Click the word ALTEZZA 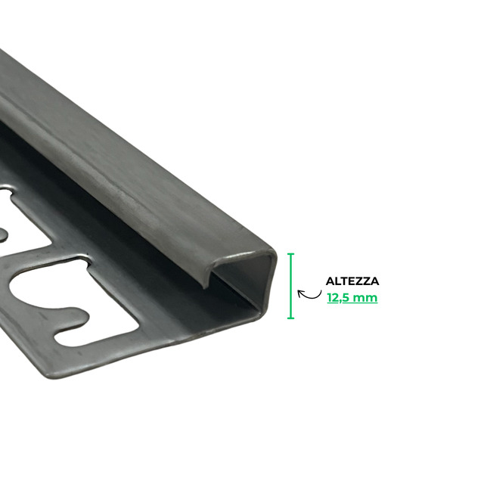pyautogui.click(x=352, y=281)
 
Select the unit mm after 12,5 pyautogui.click(x=365, y=299)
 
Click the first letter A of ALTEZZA pyautogui.click(x=330, y=281)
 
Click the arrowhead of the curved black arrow pyautogui.click(x=299, y=292)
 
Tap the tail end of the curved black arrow pyautogui.click(x=321, y=290)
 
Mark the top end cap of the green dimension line pyautogui.click(x=290, y=254)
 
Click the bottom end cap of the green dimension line pyautogui.click(x=290, y=318)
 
